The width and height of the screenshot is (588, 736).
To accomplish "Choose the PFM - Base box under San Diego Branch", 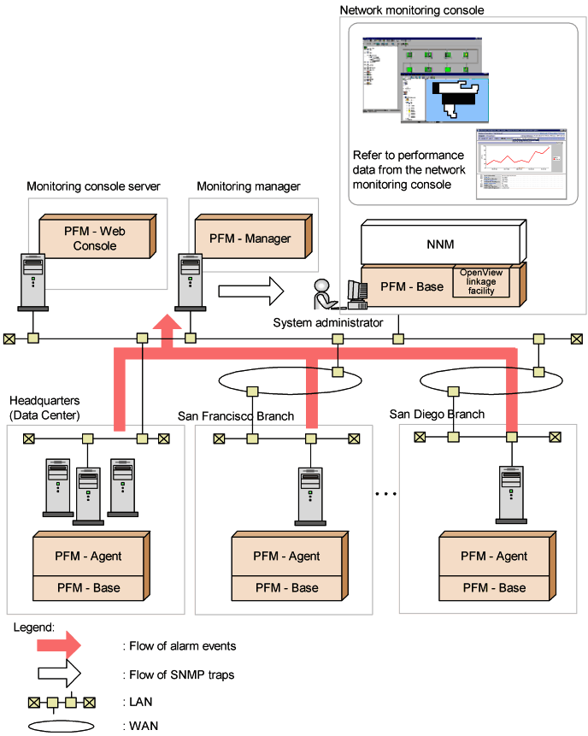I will pos(493,588).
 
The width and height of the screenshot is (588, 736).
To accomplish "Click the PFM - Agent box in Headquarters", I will pos(89,556).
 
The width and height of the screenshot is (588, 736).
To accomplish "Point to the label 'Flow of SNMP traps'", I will pos(179,674).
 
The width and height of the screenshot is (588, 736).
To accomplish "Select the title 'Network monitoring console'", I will pos(412,10).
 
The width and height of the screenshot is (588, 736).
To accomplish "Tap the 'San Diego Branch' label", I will pos(437,414).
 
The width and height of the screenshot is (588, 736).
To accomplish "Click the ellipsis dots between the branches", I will pos(386,494).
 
